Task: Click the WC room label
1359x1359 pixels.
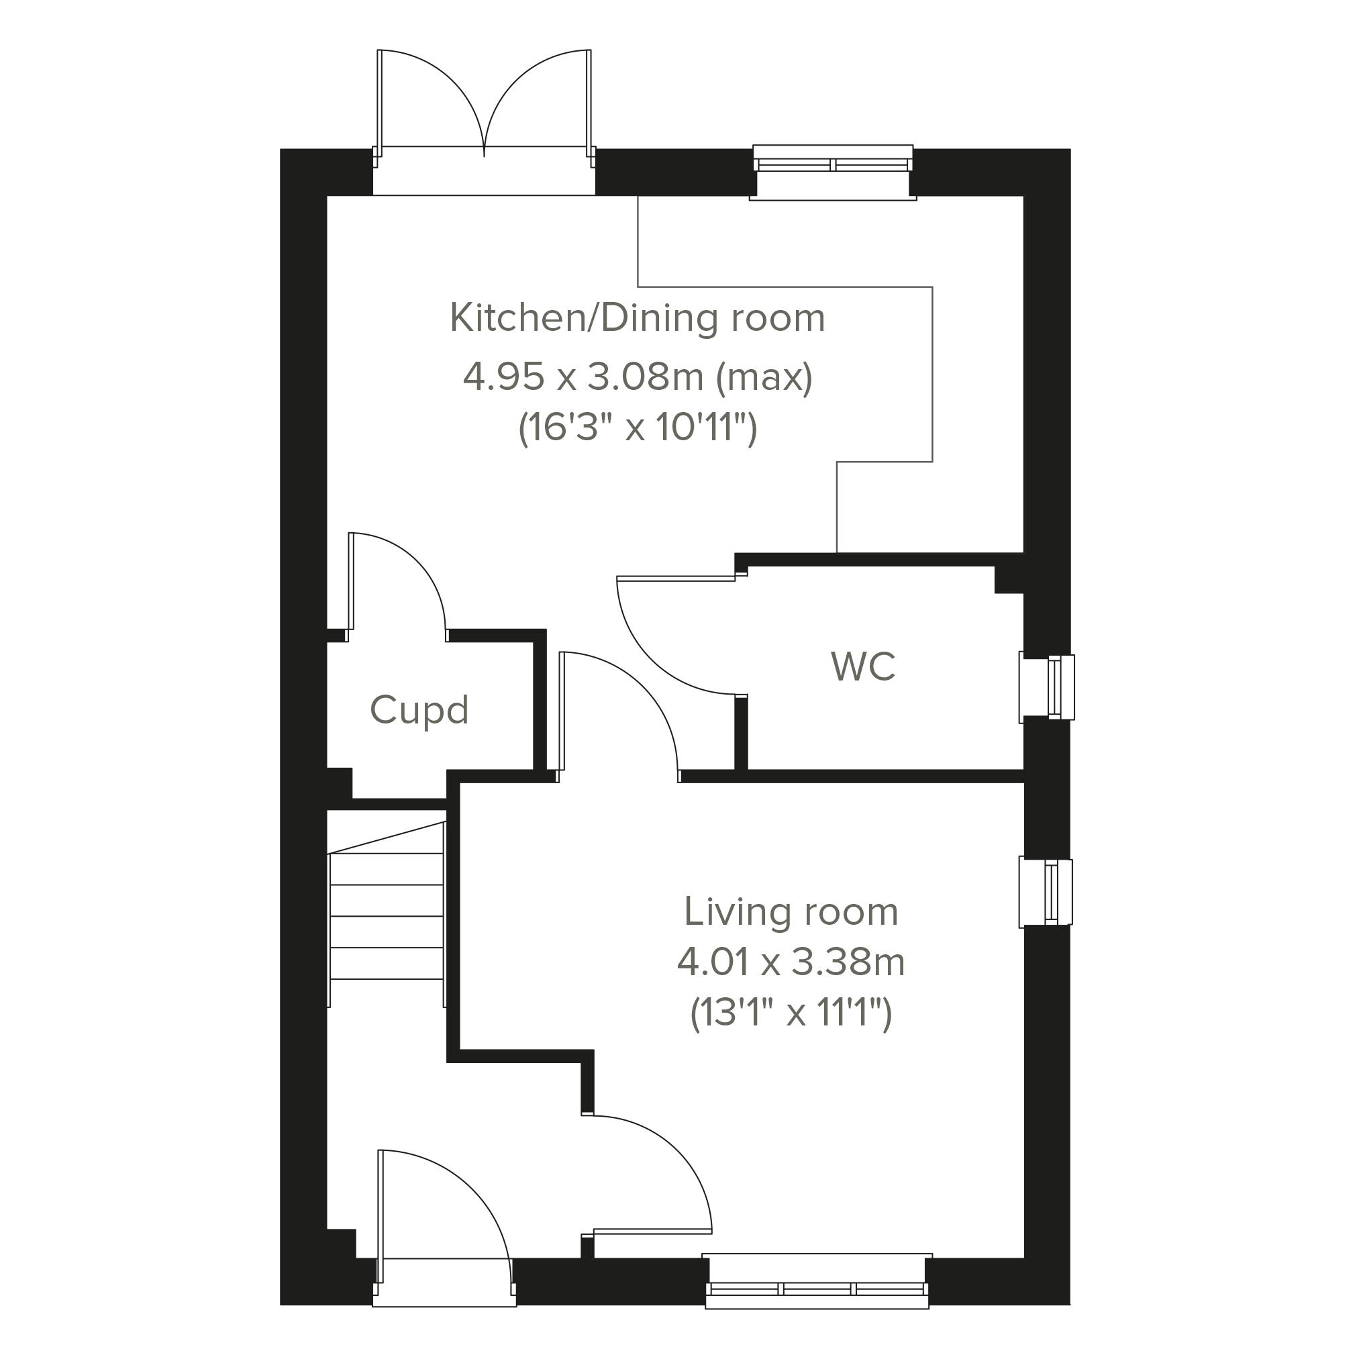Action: pos(862,667)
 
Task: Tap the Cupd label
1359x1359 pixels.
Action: pos(419,710)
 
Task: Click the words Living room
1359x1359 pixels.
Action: pos(791,911)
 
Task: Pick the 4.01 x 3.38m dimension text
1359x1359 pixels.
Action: pos(791,962)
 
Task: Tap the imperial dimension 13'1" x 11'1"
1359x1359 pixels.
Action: pos(791,1013)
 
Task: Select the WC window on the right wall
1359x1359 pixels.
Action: pos(1048,687)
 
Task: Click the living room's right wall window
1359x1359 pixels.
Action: pos(1046,892)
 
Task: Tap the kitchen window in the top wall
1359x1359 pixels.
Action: pos(833,169)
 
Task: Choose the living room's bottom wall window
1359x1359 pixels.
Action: pos(817,1290)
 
